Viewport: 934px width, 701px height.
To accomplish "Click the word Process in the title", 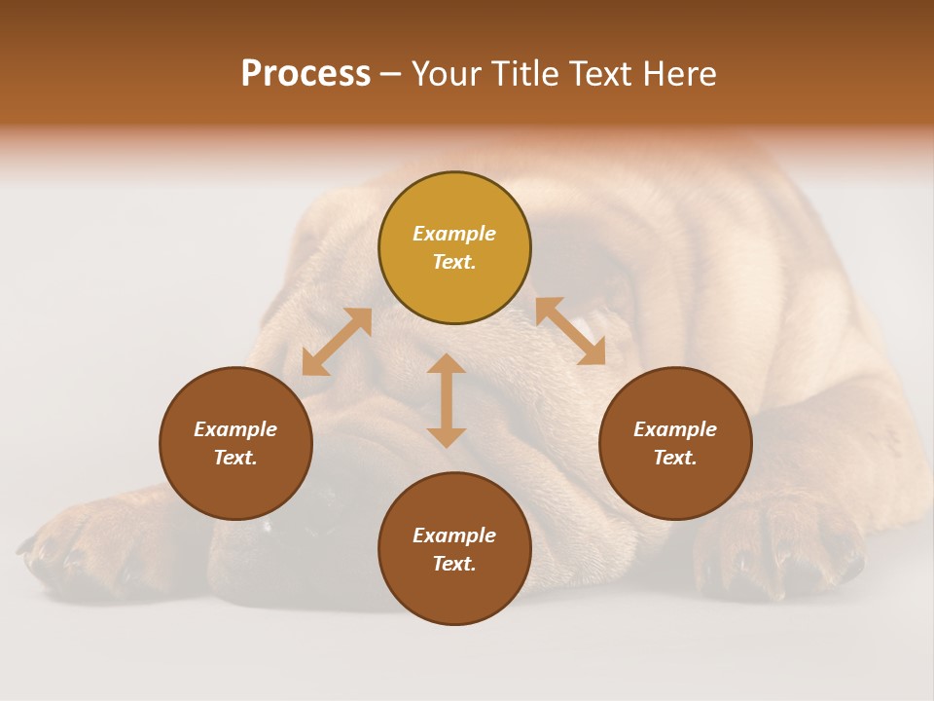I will point(305,74).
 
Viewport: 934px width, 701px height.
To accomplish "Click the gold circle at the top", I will point(454,247).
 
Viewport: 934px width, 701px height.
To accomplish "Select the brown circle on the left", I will point(235,443).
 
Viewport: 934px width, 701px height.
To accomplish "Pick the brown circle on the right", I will point(674,443).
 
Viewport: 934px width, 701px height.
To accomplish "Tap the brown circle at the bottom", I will point(454,549).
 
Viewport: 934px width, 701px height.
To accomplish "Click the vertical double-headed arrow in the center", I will point(447,400).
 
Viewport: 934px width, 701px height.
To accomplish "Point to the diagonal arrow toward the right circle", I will point(570,331).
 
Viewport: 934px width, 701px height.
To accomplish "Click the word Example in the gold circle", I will point(454,234).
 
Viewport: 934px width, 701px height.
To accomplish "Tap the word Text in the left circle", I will point(235,458).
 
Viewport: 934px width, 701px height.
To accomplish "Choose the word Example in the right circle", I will point(674,429).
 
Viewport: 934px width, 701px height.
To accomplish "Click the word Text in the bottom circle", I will point(453,564).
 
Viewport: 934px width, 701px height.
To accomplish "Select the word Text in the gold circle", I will point(453,262).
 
